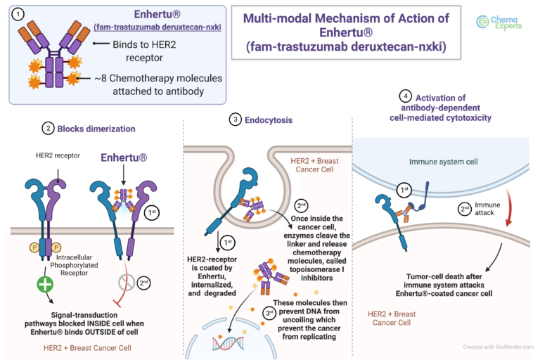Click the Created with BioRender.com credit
499,347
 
